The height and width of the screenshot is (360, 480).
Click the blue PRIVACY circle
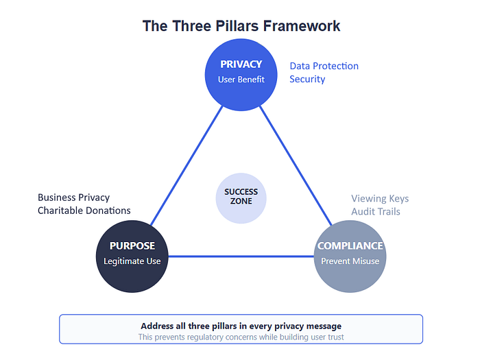coord(241,75)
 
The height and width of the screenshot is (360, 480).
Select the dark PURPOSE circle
coord(132,256)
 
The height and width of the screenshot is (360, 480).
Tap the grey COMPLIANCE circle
coord(350,256)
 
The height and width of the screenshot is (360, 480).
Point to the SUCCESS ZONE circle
coord(241,198)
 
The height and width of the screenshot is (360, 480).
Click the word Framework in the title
coord(302,26)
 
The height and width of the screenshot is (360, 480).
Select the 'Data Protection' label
coord(324,66)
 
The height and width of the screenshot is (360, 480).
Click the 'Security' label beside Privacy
coord(307,80)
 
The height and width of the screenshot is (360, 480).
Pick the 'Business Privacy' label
coord(73,197)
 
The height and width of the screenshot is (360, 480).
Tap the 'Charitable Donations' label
coord(84,211)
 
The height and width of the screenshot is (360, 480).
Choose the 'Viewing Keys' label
coord(380,199)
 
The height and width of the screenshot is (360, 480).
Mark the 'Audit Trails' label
coord(376,211)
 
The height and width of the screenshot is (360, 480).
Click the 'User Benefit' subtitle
coord(241,80)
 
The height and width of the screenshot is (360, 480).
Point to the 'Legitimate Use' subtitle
coord(132,261)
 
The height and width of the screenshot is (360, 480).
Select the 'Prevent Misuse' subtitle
coord(350,261)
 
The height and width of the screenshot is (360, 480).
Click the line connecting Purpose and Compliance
coord(241,256)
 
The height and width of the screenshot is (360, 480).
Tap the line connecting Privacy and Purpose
coord(187,166)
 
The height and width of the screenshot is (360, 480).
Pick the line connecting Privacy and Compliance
coord(296,166)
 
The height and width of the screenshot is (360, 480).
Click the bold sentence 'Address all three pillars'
coord(241,326)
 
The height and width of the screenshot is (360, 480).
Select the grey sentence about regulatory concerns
coord(241,337)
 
